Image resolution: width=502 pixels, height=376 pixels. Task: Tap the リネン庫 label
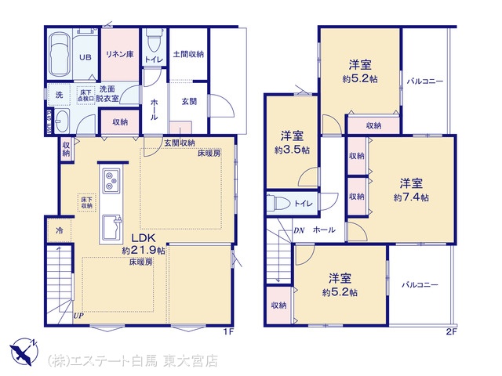pyautogui.click(x=120, y=54)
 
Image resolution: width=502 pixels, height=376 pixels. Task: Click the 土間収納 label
pyautogui.click(x=188, y=54)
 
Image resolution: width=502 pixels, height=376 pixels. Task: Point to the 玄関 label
pyautogui.click(x=189, y=102)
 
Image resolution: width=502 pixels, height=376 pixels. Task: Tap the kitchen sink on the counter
pyautogui.click(x=111, y=227)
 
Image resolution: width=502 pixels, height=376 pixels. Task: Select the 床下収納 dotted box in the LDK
pyautogui.click(x=87, y=203)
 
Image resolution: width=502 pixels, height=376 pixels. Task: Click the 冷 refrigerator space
pyautogui.click(x=60, y=230)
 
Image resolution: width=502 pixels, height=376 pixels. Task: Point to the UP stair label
pyautogui.click(x=78, y=316)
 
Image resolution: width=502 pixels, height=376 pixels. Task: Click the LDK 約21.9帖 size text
pyautogui.click(x=143, y=251)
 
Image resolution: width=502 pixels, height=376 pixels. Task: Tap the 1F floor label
pyautogui.click(x=228, y=332)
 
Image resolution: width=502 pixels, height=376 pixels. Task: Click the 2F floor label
pyautogui.click(x=452, y=332)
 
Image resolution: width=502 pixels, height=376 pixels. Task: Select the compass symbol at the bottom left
pyautogui.click(x=24, y=352)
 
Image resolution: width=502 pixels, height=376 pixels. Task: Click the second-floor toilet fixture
pyautogui.click(x=278, y=203)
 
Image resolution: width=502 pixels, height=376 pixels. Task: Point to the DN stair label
pyautogui.click(x=299, y=230)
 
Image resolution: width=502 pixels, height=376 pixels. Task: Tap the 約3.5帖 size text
pyautogui.click(x=292, y=150)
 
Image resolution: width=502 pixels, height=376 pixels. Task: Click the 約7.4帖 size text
pyautogui.click(x=411, y=197)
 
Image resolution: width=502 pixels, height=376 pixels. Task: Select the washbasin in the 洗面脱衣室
pyautogui.click(x=61, y=121)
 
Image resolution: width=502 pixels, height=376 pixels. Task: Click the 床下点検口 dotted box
pyautogui.click(x=85, y=96)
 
